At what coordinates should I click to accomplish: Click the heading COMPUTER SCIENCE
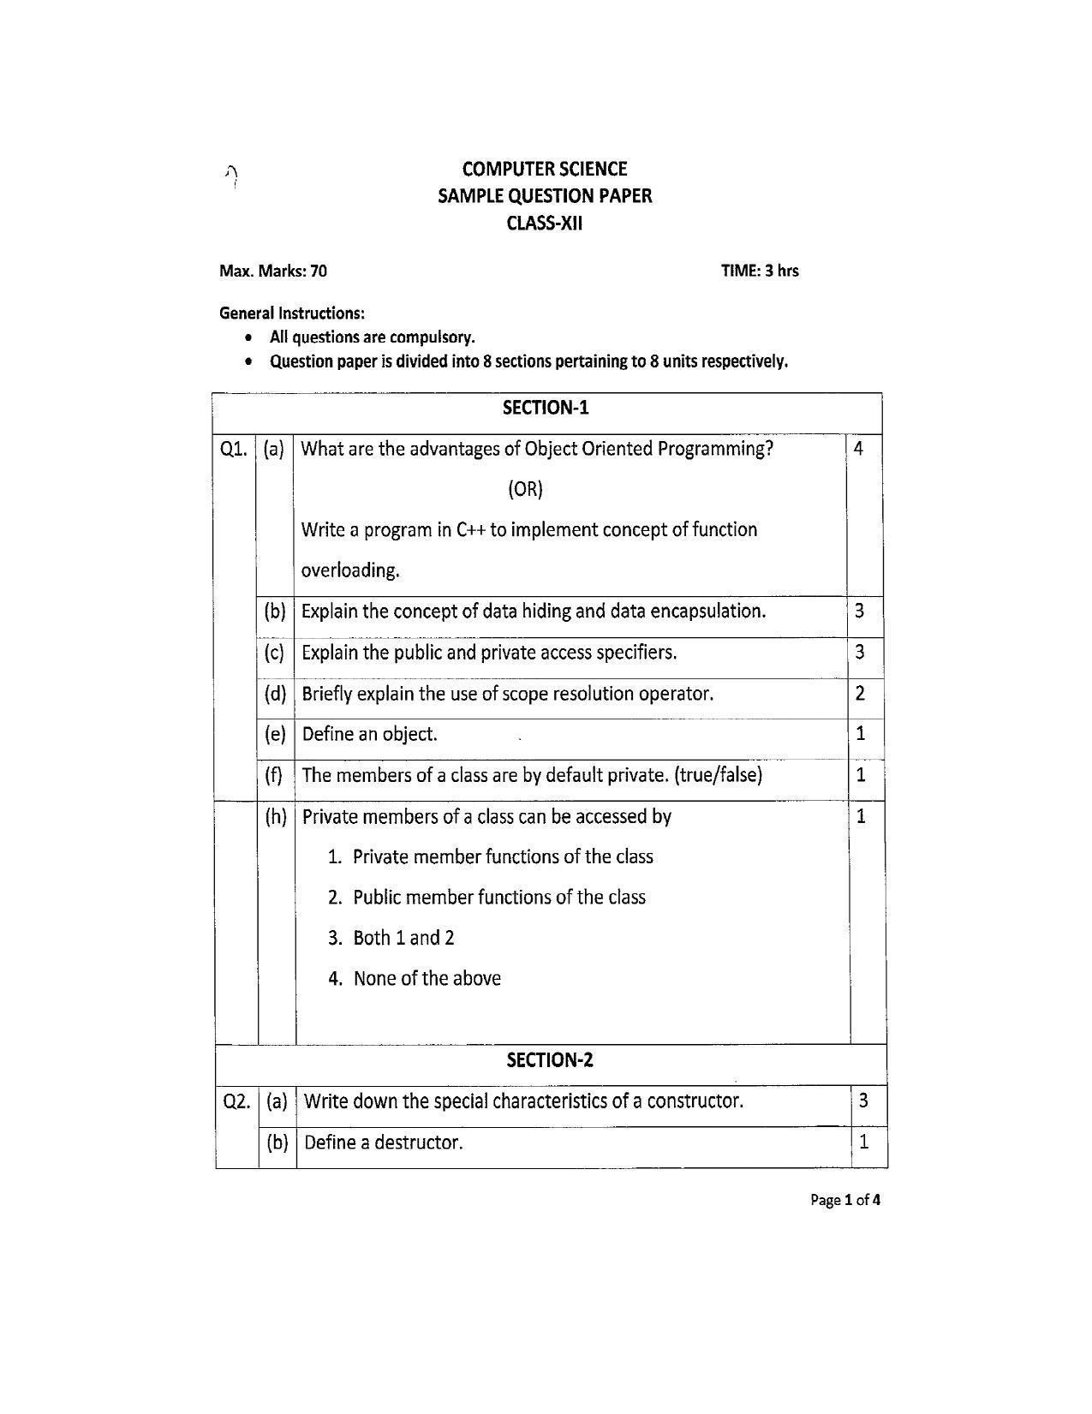pyautogui.click(x=545, y=169)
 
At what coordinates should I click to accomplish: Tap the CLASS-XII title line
pyautogui.click(x=545, y=224)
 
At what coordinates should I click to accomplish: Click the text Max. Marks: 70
pyautogui.click(x=273, y=271)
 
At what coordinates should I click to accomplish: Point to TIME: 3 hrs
pyautogui.click(x=760, y=271)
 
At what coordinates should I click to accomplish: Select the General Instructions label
pyautogui.click(x=292, y=313)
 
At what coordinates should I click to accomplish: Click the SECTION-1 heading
pyautogui.click(x=546, y=408)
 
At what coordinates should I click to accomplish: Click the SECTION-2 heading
pyautogui.click(x=550, y=1060)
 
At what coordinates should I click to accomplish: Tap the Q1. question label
pyautogui.click(x=234, y=449)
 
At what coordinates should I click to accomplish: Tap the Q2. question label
pyautogui.click(x=236, y=1101)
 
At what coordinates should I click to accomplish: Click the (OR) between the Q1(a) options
pyautogui.click(x=525, y=489)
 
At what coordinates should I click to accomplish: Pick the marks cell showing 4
pyautogui.click(x=858, y=448)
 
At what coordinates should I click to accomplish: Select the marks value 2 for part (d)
pyautogui.click(x=860, y=693)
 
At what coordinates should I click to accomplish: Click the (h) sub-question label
pyautogui.click(x=276, y=816)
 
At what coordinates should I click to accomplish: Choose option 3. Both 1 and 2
pyautogui.click(x=391, y=938)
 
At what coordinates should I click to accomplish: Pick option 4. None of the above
pyautogui.click(x=415, y=978)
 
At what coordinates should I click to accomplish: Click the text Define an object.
pyautogui.click(x=370, y=734)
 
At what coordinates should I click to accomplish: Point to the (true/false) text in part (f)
pyautogui.click(x=718, y=775)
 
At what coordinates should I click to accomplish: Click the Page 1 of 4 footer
pyautogui.click(x=844, y=1200)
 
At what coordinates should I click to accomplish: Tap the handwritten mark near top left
pyautogui.click(x=231, y=176)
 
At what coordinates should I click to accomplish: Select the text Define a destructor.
pyautogui.click(x=384, y=1143)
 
